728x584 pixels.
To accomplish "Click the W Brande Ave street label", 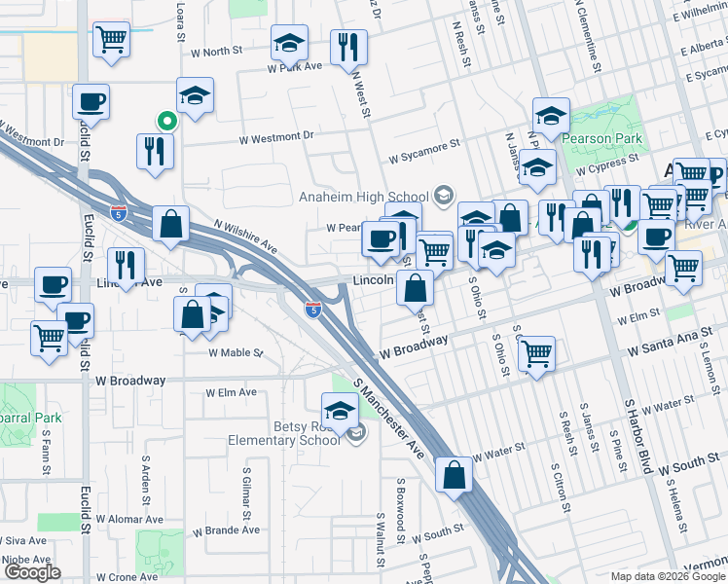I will (226, 530).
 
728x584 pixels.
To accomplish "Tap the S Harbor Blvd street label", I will (637, 435).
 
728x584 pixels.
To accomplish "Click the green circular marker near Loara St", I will (166, 122).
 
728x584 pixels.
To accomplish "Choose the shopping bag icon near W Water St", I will (455, 474).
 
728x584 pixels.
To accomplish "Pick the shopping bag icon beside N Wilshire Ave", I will (171, 223).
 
